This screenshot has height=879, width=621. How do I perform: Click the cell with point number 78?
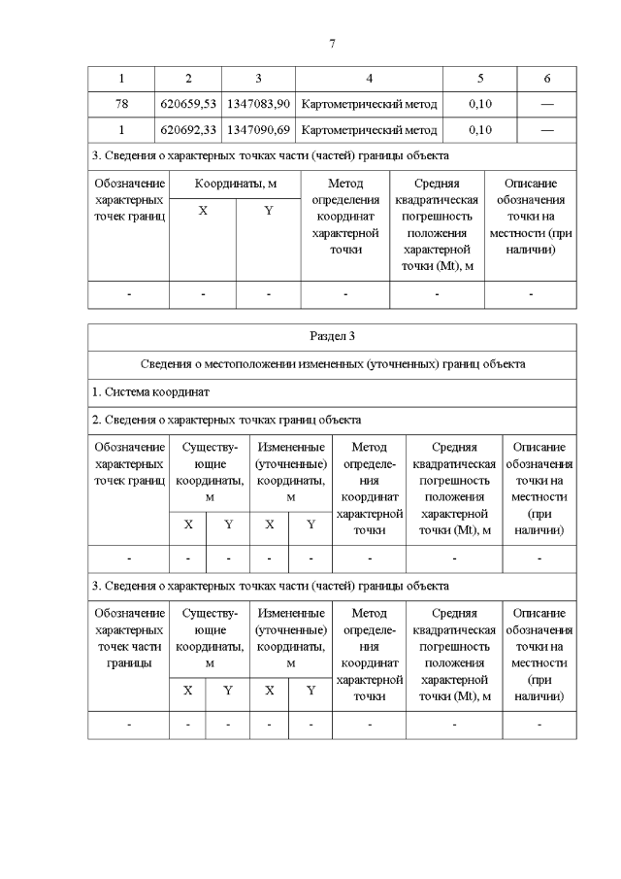pos(121,103)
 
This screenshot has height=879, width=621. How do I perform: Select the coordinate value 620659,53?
pos(188,103)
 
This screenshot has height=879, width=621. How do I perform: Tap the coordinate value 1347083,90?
pos(259,103)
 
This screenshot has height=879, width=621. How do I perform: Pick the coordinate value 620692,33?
pos(188,129)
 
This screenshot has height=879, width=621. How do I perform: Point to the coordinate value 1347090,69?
pos(259,129)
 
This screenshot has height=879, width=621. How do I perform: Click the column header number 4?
pos(370,78)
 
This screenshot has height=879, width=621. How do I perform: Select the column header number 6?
pos(547,78)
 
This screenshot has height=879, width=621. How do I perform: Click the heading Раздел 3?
pos(333,336)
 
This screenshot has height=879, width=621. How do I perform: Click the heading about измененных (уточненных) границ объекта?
pos(333,364)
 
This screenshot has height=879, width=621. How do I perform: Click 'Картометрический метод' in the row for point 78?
pos(370,103)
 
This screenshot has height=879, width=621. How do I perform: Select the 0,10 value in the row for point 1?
pos(480,129)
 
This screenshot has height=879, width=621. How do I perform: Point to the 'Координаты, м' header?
pos(236,183)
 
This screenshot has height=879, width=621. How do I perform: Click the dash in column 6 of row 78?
pos(547,103)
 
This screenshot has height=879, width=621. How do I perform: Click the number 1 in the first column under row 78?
pos(121,129)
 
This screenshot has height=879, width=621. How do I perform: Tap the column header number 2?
pos(188,78)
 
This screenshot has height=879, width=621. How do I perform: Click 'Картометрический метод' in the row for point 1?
pos(370,129)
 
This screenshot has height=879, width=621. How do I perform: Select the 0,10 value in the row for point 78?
pos(480,103)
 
